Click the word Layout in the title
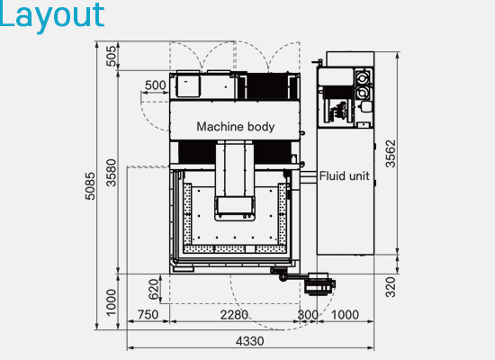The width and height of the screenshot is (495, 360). (51, 14)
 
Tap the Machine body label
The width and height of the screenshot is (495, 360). (236, 127)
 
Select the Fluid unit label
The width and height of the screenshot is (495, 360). (344, 175)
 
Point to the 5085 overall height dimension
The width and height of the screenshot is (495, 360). (90, 185)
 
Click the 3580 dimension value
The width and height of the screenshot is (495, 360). (111, 173)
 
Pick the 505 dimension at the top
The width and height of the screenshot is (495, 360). (111, 56)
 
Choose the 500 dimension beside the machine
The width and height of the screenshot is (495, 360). (156, 85)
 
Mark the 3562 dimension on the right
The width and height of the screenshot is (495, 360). (391, 154)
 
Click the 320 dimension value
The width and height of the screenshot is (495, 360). (391, 287)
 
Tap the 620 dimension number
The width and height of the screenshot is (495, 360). (153, 289)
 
